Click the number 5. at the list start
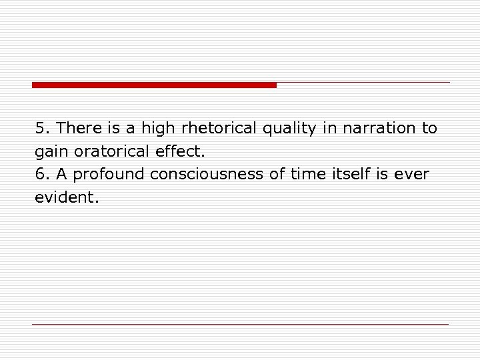[43, 128]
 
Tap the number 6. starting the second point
[43, 175]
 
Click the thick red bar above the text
[154, 85]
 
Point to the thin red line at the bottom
[240, 324]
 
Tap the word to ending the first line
[429, 128]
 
